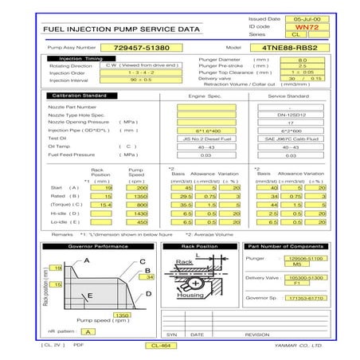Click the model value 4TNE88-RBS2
pos(291,48)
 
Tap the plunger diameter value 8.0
pos(302,60)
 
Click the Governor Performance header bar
pos(98,247)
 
